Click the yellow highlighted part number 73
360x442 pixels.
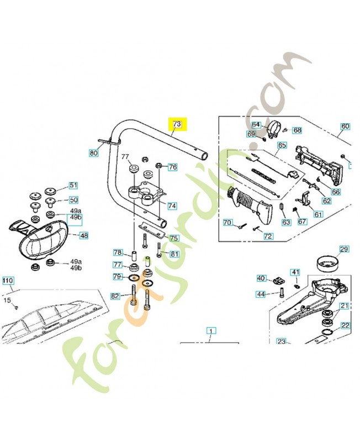[177, 124]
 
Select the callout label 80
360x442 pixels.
[93, 152]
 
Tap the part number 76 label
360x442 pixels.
[172, 167]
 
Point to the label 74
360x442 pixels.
[172, 206]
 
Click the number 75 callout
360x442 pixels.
[174, 238]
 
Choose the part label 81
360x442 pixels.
[174, 254]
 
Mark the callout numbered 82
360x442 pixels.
[115, 296]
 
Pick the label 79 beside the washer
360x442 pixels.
[117, 276]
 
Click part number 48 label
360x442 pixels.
[83, 235]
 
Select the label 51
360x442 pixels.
[73, 186]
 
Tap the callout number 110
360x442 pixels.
[7, 281]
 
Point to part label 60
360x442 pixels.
[345, 127]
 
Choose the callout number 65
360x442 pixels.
[282, 145]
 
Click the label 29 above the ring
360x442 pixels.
[343, 250]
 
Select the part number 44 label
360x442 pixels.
[261, 294]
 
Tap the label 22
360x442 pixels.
[345, 325]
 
